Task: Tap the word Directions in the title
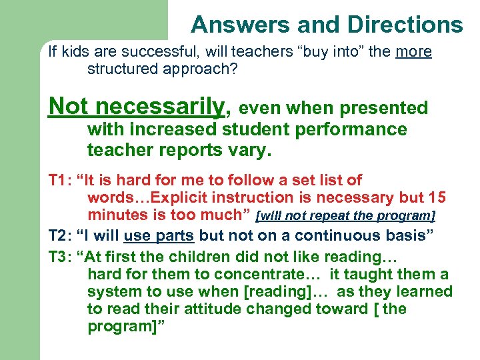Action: pos(404,25)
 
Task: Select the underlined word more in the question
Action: pos(413,52)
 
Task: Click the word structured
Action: pos(121,69)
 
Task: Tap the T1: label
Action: pos(61,180)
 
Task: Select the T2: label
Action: pos(61,235)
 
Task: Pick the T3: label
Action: pos(61,257)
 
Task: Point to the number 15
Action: pos(437,198)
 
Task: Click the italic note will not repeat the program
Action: pos(346,216)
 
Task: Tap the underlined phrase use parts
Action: pos(159,235)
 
